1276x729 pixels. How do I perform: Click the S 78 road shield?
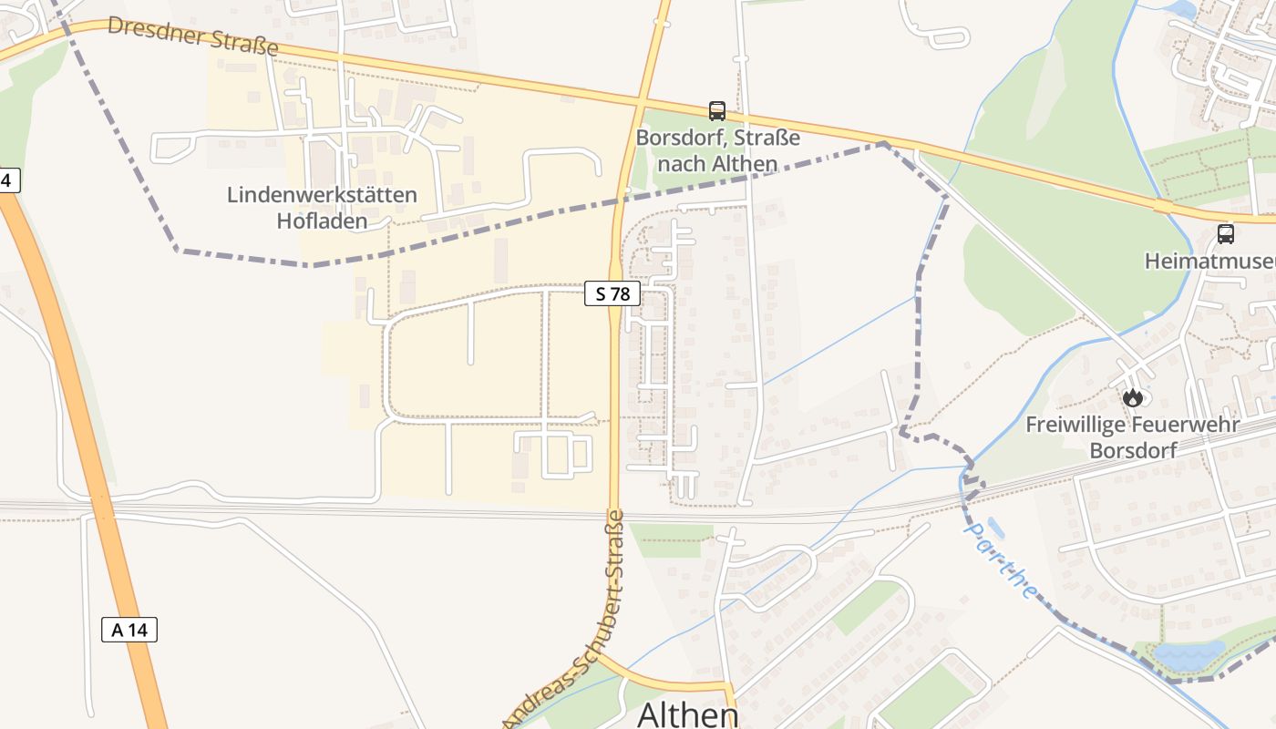(612, 294)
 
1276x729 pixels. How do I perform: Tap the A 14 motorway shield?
(129, 630)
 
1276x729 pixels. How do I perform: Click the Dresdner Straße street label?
(192, 36)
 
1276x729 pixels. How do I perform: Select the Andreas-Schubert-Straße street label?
(565, 620)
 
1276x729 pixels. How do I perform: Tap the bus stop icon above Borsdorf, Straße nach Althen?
(717, 111)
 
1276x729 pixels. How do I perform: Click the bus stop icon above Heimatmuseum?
(1226, 234)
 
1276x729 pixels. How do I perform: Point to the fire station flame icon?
(1133, 397)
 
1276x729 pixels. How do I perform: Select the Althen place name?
(687, 714)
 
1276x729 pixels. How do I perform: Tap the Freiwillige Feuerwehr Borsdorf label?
(1132, 436)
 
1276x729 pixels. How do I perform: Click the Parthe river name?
(1002, 560)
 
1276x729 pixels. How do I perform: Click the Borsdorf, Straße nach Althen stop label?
(717, 151)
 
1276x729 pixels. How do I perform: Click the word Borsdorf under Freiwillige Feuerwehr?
(1133, 450)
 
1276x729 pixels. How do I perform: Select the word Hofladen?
(322, 221)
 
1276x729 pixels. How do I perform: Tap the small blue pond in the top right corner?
(1181, 9)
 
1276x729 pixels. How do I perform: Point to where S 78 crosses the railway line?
(614, 513)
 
